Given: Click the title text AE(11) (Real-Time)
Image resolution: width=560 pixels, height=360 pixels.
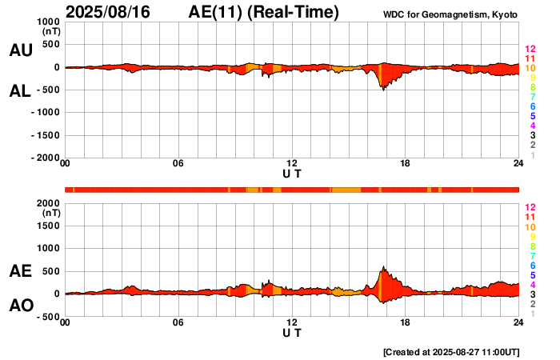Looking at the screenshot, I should point(264,12).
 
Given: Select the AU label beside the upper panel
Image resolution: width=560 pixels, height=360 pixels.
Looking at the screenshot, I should point(21,50).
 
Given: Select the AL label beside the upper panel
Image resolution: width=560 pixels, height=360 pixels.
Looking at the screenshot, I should point(21,91).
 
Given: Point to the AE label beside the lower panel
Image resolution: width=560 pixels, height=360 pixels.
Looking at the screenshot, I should point(21,272).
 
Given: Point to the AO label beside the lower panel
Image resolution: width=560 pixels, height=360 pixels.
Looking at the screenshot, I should point(21,306).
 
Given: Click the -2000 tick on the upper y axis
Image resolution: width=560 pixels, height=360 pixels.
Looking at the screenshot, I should point(46,158).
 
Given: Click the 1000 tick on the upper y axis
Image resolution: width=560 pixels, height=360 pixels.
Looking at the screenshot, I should point(49,22).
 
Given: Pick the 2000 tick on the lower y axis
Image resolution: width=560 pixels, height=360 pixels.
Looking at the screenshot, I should point(49,203).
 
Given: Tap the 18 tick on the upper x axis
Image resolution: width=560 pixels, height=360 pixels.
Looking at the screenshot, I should point(406,164).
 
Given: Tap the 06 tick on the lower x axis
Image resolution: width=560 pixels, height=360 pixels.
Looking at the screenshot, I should point(178,322).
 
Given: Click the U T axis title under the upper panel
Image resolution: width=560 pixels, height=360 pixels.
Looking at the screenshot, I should point(292,174).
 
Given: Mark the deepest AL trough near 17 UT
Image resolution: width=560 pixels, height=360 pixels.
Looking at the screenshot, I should point(383,90).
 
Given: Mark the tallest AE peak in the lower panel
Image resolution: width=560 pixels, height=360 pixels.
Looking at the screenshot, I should point(383,267).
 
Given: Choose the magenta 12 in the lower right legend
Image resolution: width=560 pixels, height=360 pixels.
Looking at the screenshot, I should point(530,207).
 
